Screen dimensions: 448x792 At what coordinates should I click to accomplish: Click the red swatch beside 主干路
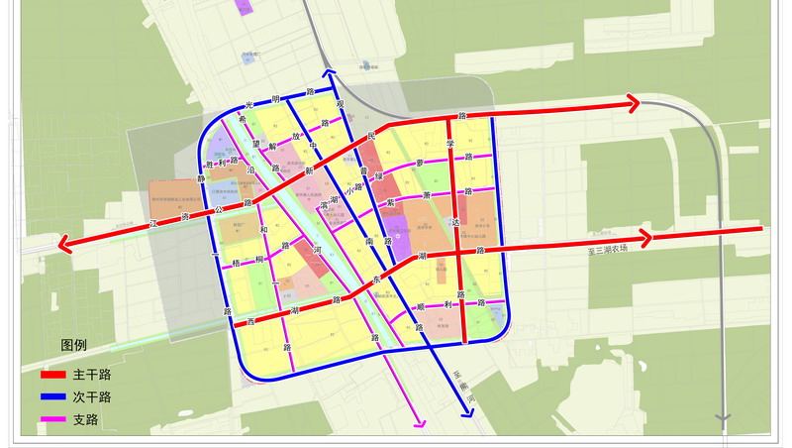click(51, 376)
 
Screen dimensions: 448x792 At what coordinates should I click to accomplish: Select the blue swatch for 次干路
click(51, 397)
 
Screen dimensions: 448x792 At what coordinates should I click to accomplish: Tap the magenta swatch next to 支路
click(51, 419)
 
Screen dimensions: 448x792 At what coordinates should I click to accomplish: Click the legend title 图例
click(74, 345)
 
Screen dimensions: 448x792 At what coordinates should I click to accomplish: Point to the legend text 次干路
click(91, 397)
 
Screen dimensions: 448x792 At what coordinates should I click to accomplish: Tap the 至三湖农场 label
click(608, 252)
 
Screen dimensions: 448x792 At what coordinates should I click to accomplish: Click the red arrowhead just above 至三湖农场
click(646, 238)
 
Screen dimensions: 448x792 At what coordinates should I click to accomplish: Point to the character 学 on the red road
click(450, 143)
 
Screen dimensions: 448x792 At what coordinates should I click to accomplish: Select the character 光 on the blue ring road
click(250, 102)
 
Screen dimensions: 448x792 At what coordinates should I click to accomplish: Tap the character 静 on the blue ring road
click(201, 179)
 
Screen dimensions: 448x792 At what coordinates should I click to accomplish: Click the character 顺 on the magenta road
click(421, 308)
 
